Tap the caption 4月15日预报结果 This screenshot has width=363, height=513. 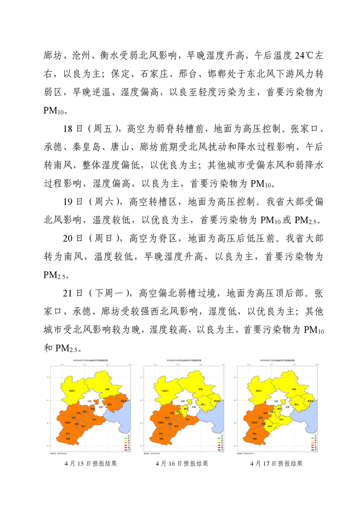pyautogui.click(x=91, y=464)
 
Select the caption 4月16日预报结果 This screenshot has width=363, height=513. pyautogui.click(x=182, y=464)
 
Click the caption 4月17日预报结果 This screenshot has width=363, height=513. pyautogui.click(x=276, y=464)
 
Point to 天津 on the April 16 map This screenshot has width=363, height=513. pyautogui.click(x=194, y=406)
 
